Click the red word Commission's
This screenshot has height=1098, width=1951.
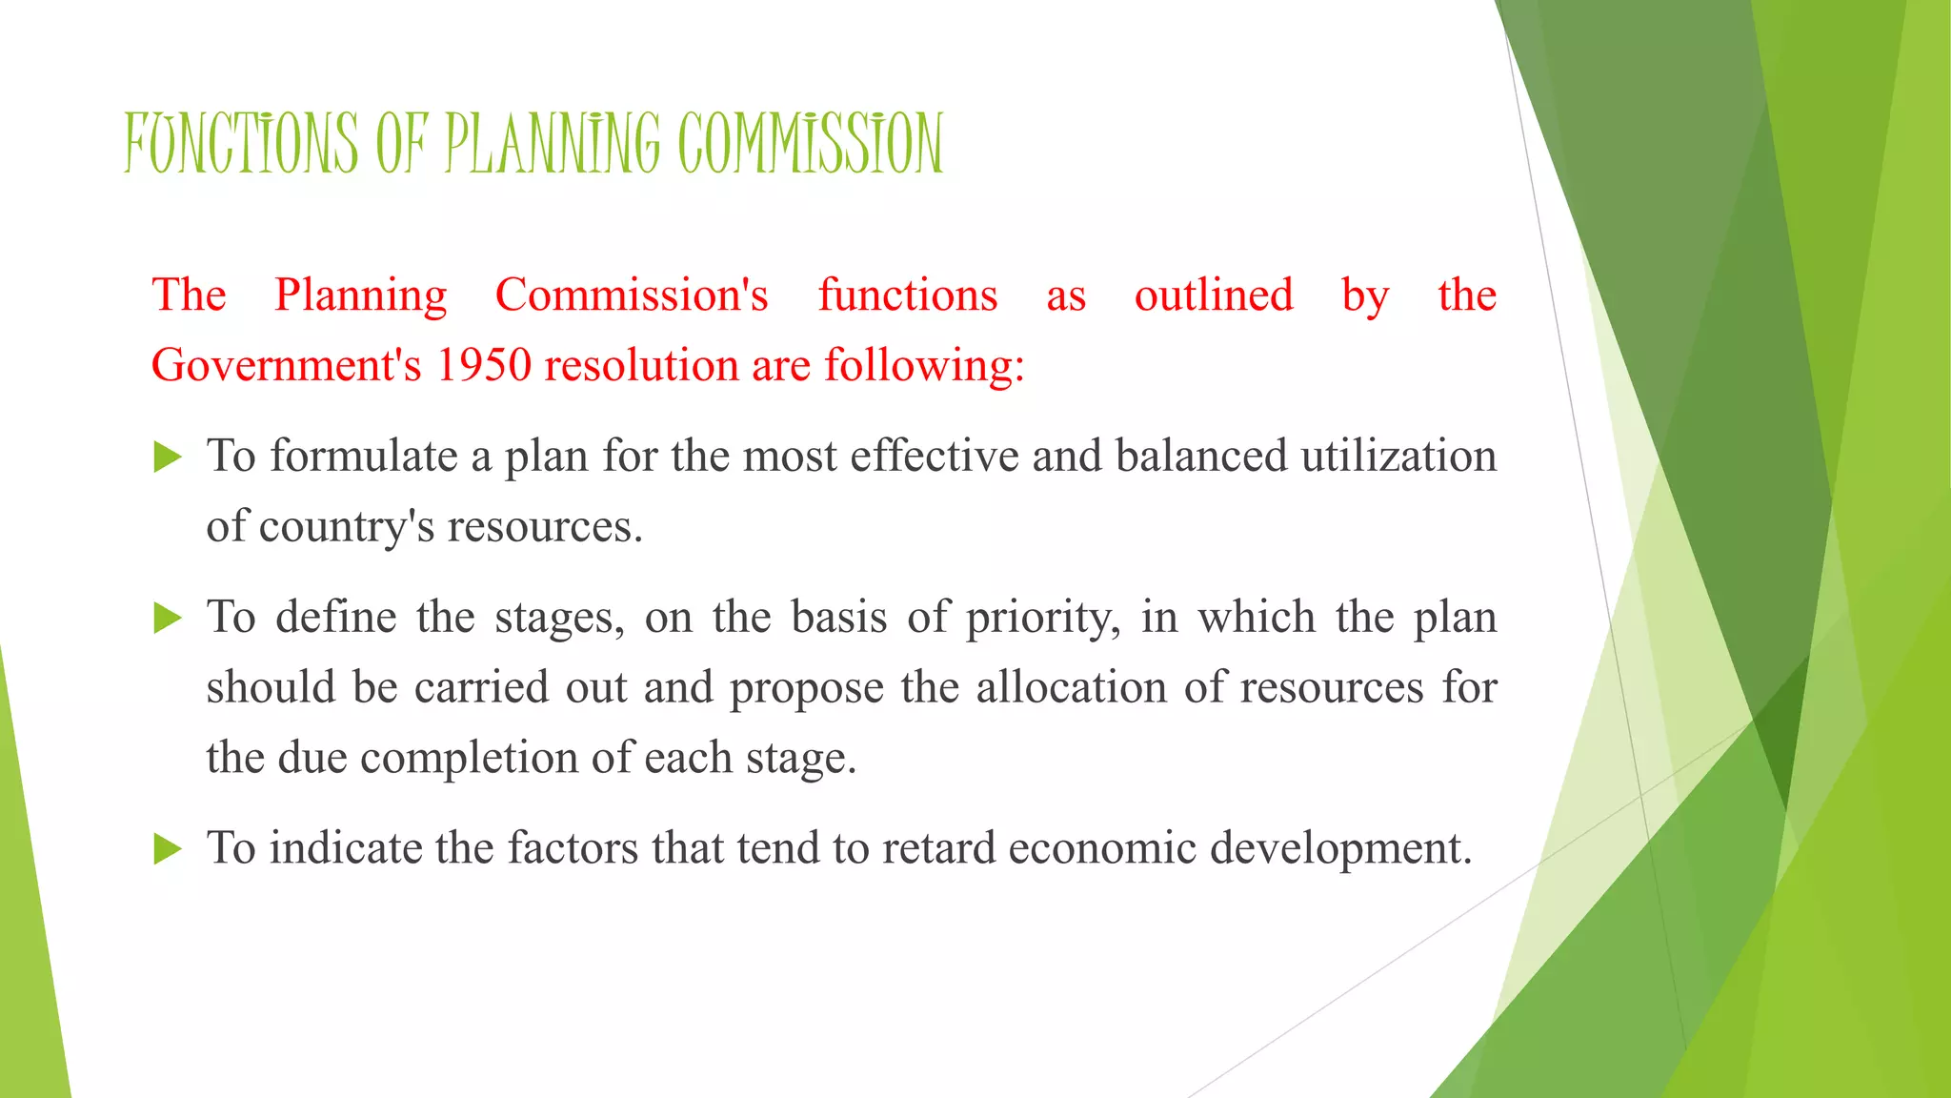pos(632,295)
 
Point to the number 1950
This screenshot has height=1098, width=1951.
pos(483,365)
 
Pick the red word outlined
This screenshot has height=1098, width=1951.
pos(1214,295)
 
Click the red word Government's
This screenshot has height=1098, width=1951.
pos(286,365)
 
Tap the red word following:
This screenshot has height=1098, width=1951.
pos(924,365)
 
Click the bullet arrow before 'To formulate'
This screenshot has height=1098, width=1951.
pos(167,457)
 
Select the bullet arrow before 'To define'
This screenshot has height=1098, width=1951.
pos(167,619)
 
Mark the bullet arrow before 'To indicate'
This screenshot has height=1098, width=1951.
pos(167,848)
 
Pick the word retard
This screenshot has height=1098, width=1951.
pos(938,848)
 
